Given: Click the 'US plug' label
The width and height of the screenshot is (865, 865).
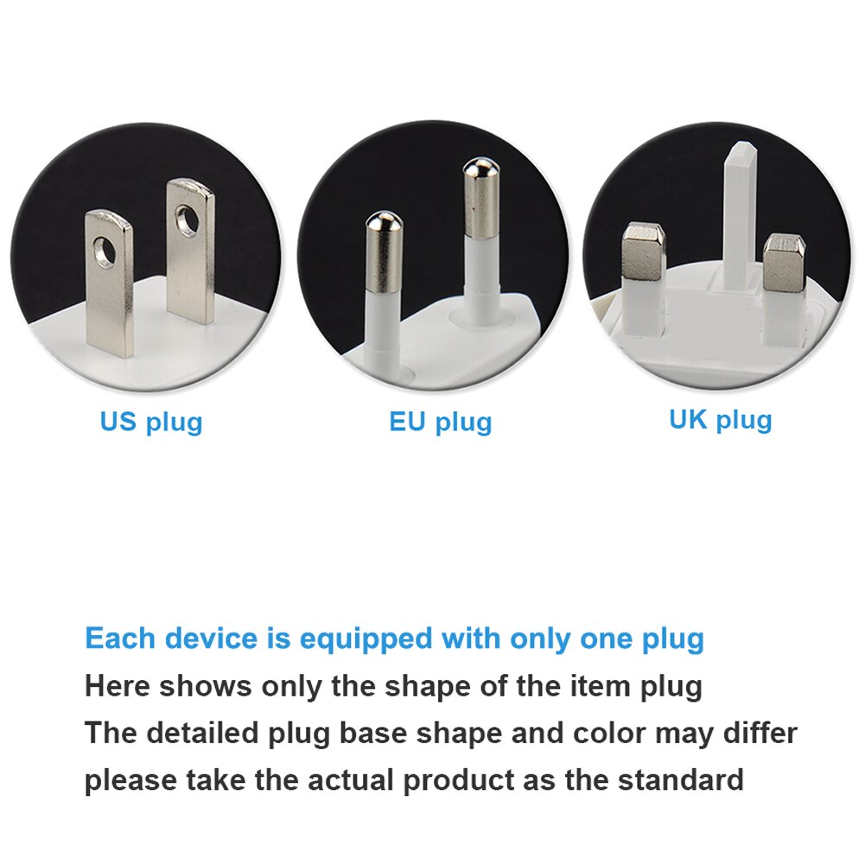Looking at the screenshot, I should click(151, 423).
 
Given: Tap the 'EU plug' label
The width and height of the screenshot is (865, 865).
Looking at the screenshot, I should click(440, 423).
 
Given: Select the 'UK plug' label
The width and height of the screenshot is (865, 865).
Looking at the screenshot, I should click(720, 419).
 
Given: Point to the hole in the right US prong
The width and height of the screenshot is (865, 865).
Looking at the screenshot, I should click(187, 220).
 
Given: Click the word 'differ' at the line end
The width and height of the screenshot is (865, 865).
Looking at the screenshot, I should click(760, 733).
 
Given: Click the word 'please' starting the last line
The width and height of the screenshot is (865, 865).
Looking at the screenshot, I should click(130, 780).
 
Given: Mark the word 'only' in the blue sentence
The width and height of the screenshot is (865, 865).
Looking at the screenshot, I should click(539, 640).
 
